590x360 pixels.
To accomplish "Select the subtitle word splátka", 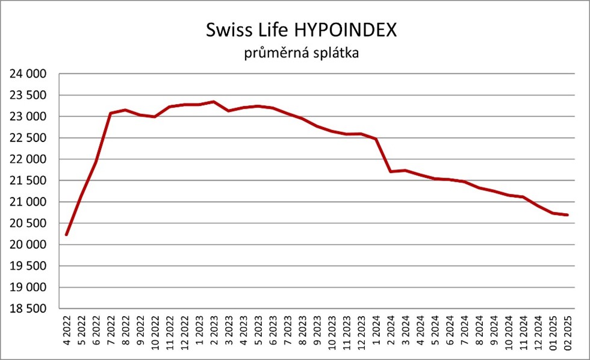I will pos(335,54).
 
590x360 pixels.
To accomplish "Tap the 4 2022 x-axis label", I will pos(66,332).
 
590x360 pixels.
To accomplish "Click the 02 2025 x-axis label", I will pos(568,332).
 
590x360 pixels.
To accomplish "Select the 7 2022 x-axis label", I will pos(111,332).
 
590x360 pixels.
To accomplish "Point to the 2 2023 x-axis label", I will pos(214,332).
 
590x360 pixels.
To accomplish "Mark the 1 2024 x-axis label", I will pos(376,332).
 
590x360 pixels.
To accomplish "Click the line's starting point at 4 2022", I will pos(66,234).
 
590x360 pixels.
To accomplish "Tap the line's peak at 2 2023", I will pos(214,102).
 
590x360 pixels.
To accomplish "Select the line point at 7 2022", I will pos(111,113).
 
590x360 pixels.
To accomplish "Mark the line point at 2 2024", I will pos(391,172).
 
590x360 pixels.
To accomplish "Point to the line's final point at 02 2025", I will pos(568,215).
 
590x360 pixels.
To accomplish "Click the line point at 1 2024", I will pos(376,139).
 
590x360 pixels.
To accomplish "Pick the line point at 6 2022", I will pos(96,161).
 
